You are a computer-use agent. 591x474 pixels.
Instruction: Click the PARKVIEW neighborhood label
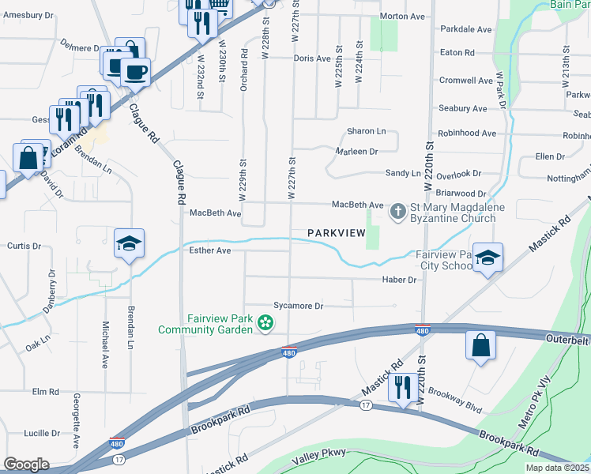tap(337, 232)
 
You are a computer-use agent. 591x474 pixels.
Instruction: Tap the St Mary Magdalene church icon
tap(398, 210)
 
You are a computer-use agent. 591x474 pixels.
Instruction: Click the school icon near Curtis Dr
tap(130, 244)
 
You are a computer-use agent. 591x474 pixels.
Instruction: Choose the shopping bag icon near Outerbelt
tap(480, 346)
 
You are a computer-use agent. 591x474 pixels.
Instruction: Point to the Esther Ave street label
tap(210, 250)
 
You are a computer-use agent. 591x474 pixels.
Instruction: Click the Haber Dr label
tap(399, 280)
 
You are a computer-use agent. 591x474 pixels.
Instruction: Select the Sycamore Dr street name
tap(298, 306)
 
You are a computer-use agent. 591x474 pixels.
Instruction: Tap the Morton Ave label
tap(402, 16)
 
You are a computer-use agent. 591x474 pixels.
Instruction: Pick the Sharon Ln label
tap(367, 131)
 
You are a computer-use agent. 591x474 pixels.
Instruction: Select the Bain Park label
tap(570, 6)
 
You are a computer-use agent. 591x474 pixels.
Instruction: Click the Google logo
tap(27, 464)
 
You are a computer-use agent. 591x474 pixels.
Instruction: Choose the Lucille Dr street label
tap(42, 433)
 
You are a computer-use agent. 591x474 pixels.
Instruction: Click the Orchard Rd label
tap(245, 70)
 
